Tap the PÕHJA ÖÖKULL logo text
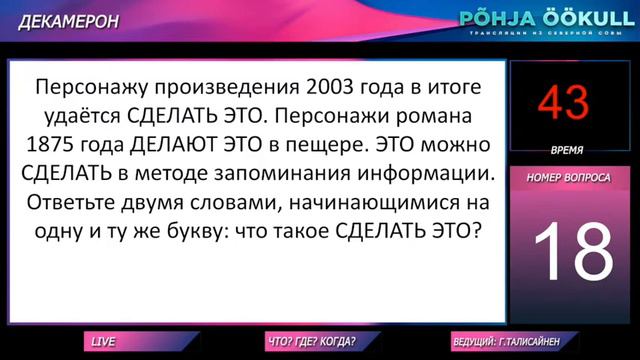point(542,18)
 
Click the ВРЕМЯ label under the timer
point(567,149)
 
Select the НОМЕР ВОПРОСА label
point(568,177)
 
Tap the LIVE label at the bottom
point(104,341)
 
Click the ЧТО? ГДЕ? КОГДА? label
point(311,341)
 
